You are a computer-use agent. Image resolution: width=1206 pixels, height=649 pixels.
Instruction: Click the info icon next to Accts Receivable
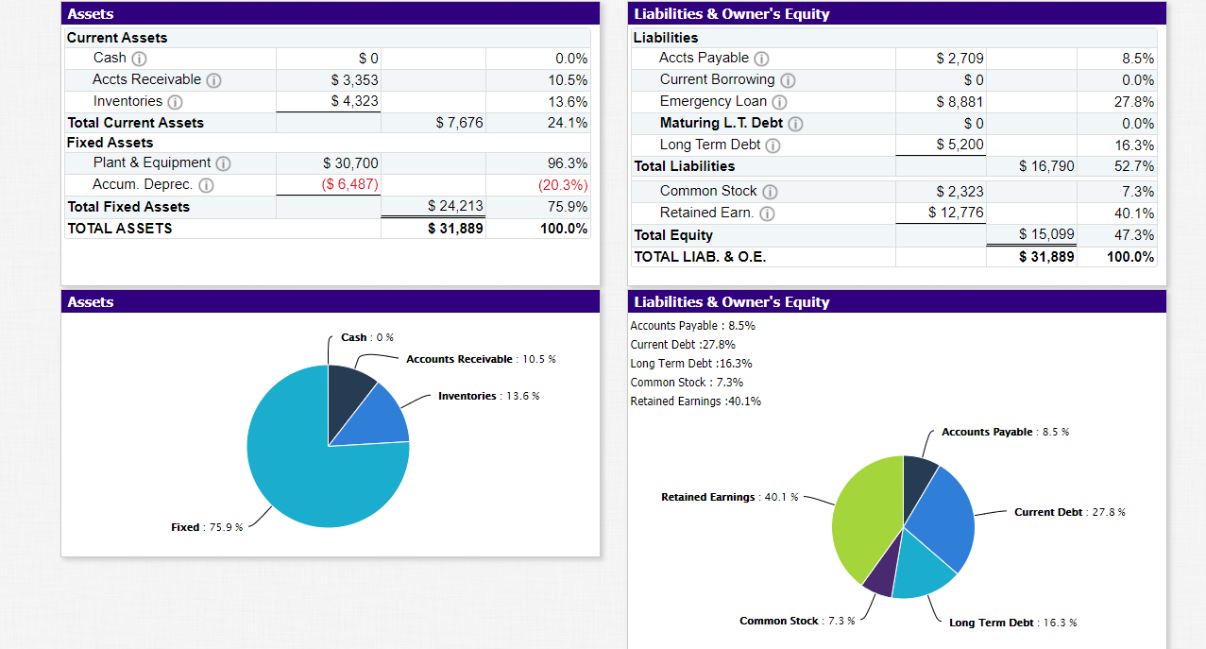click(213, 80)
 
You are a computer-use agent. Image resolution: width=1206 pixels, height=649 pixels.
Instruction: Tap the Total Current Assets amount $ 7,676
click(459, 123)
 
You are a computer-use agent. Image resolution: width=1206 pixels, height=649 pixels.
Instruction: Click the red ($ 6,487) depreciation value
click(349, 184)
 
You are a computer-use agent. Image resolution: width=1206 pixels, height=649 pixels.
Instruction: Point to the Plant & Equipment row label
click(151, 163)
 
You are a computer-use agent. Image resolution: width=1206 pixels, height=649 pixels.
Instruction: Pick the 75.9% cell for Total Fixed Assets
click(567, 206)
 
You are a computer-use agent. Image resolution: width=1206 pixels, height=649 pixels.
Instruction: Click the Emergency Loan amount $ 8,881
click(960, 102)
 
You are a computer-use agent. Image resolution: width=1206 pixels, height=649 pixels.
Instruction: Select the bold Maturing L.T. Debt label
click(721, 123)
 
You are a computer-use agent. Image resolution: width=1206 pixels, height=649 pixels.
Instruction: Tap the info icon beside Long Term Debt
click(773, 145)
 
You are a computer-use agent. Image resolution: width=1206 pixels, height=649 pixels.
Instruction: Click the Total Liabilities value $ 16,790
click(1046, 166)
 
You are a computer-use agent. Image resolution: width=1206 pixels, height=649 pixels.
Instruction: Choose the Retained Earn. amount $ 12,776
click(956, 213)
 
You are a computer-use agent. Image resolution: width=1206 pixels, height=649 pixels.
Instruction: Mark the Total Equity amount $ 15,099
click(1046, 234)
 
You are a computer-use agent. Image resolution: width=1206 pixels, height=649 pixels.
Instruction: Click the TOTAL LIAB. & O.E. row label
click(700, 257)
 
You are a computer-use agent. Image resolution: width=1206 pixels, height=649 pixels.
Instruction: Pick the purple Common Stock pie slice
click(881, 578)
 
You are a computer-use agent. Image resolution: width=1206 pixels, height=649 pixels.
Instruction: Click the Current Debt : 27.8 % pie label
click(1069, 512)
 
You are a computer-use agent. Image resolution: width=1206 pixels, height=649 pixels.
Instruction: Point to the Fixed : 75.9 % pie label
click(207, 527)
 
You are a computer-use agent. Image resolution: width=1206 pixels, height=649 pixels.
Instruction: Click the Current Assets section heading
click(117, 38)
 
